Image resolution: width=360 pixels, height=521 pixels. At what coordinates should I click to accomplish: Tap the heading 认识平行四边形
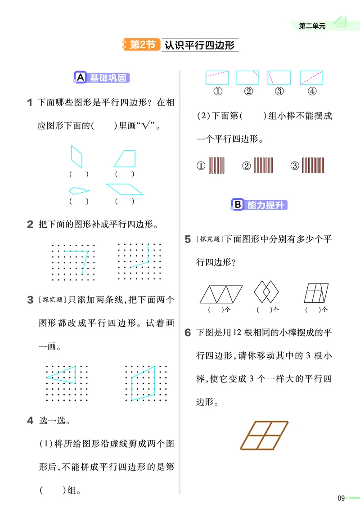point(199,45)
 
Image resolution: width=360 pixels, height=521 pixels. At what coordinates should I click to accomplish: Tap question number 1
point(29,103)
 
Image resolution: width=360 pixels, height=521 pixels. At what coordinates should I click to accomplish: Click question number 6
point(188,333)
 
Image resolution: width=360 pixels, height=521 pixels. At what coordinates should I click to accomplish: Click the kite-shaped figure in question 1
point(78,190)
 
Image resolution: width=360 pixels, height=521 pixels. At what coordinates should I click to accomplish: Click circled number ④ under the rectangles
point(312,91)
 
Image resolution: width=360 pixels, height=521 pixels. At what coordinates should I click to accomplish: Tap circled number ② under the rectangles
point(248,91)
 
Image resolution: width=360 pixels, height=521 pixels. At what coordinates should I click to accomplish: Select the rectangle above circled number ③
point(279,77)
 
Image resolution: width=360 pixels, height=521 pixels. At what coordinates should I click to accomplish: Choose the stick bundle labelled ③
point(313,166)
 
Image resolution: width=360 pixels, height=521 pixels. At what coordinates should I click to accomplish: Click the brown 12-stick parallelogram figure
point(264,435)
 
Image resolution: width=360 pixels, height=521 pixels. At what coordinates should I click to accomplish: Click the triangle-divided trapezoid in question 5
point(220,294)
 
